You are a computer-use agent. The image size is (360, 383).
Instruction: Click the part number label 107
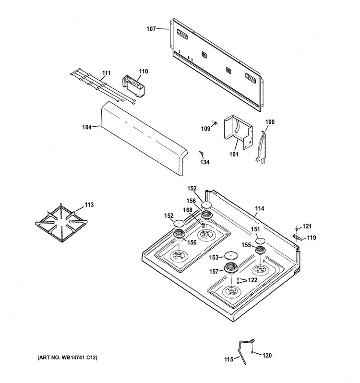pyautogui.click(x=151, y=29)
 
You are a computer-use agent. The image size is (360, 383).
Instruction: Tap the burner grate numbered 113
pyautogui.click(x=61, y=223)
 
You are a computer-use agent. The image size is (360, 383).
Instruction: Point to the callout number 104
pyautogui.click(x=87, y=127)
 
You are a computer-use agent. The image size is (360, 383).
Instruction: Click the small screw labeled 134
pyautogui.click(x=202, y=153)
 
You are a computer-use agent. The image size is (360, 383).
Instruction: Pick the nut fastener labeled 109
pyautogui.click(x=215, y=123)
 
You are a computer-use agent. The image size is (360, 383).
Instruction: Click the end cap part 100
pyautogui.click(x=261, y=147)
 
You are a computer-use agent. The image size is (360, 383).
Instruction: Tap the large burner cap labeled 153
pyautogui.click(x=231, y=255)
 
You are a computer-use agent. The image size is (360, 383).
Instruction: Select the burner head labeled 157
pyautogui.click(x=231, y=268)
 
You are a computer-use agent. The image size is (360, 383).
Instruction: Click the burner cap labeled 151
pyautogui.click(x=260, y=241)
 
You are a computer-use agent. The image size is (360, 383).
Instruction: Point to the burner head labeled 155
pyautogui.click(x=260, y=250)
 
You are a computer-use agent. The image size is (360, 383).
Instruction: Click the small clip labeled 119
pyautogui.click(x=297, y=237)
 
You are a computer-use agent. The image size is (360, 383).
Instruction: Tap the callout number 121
pyautogui.click(x=307, y=226)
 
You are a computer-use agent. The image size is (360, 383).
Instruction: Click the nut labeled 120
pyautogui.click(x=252, y=352)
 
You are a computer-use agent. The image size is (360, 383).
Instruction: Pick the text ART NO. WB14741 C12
pyautogui.click(x=67, y=358)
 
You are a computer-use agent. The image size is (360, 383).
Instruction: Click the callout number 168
pyautogui.click(x=188, y=210)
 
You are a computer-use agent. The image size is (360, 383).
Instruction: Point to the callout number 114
pyautogui.click(x=260, y=208)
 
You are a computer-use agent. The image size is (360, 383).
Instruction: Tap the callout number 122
pyautogui.click(x=252, y=280)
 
